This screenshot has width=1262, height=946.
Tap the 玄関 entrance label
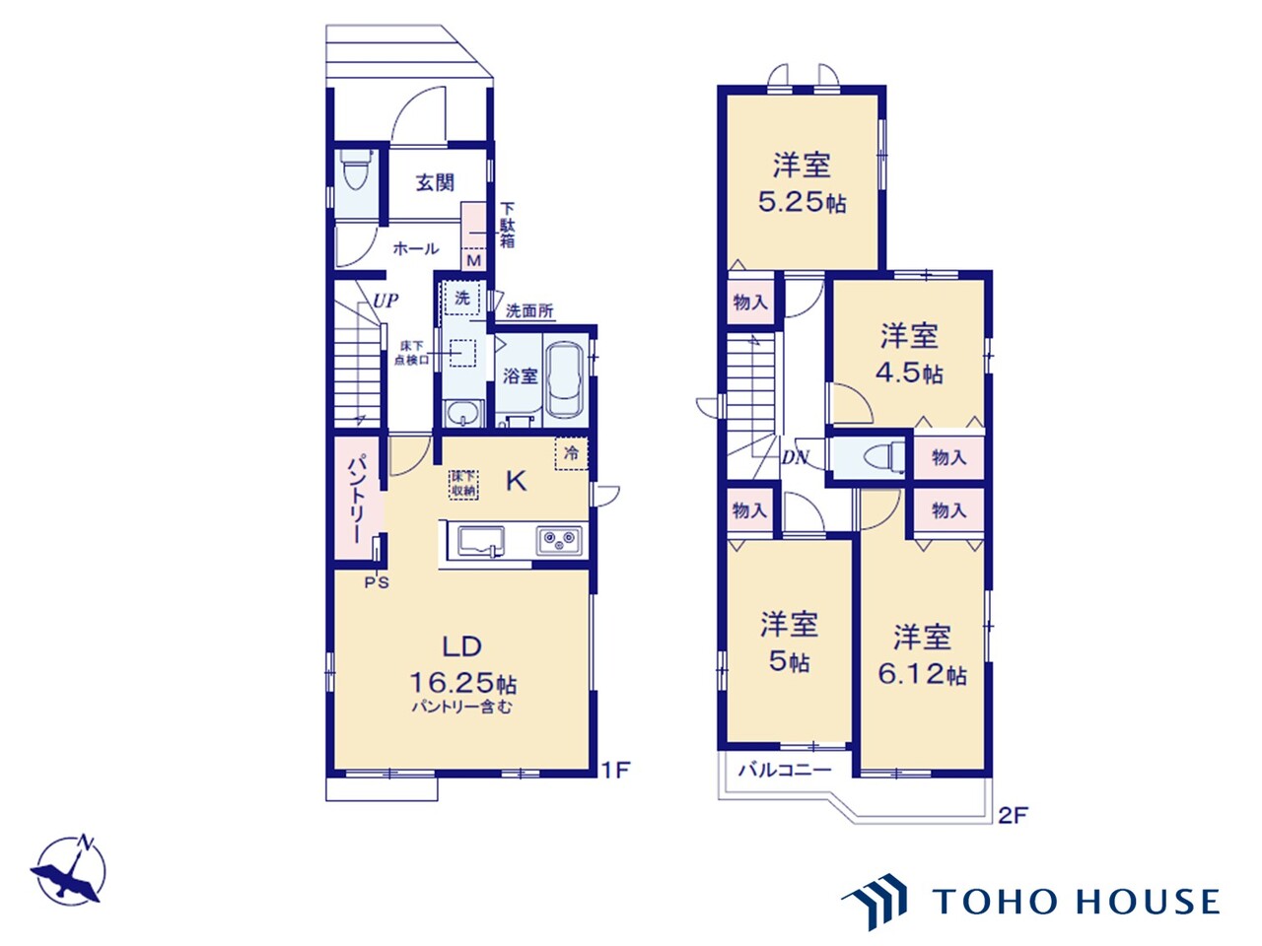click(435, 182)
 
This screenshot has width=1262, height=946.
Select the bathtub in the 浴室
click(565, 380)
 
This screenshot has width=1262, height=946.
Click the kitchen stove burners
click(559, 540)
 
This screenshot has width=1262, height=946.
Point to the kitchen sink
click(481, 542)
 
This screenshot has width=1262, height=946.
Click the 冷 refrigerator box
click(572, 453)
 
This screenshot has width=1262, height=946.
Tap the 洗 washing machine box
click(462, 299)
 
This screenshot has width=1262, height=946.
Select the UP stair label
click(386, 301)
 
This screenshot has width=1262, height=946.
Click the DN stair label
click(795, 457)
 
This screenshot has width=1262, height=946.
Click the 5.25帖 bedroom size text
click(802, 202)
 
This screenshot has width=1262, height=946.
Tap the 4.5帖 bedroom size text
click(909, 373)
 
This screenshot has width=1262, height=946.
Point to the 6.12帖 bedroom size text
click(922, 674)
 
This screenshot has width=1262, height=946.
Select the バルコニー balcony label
click(785, 770)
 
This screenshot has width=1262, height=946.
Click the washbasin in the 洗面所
click(463, 414)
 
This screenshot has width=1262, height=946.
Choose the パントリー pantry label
click(355, 499)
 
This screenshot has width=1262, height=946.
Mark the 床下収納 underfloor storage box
click(464, 484)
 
